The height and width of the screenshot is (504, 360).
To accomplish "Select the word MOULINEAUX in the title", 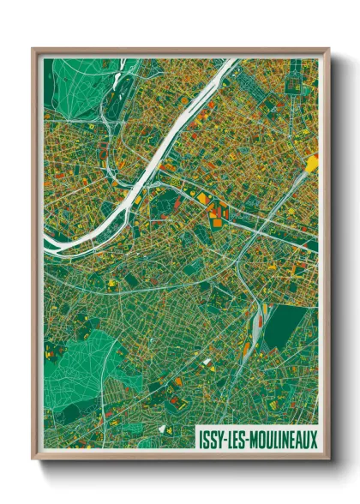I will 283,438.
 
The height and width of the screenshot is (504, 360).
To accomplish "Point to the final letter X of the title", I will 313,438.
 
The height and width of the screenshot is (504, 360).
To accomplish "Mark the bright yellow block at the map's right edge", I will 313,162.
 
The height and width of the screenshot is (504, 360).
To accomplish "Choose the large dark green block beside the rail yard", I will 283,327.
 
